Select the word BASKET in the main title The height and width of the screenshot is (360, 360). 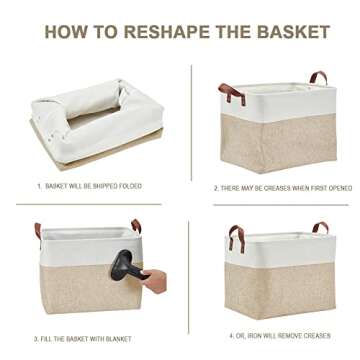click(x=294, y=32)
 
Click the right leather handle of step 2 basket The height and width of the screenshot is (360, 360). click(x=317, y=78)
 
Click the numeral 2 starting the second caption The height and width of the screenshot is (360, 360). click(x=215, y=187)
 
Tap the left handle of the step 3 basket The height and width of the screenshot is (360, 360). click(x=37, y=233)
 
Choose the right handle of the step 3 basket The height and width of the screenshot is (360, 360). click(x=135, y=226)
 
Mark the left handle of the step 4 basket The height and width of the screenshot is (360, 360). click(x=234, y=238)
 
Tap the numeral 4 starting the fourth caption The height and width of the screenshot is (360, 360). click(x=232, y=337)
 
